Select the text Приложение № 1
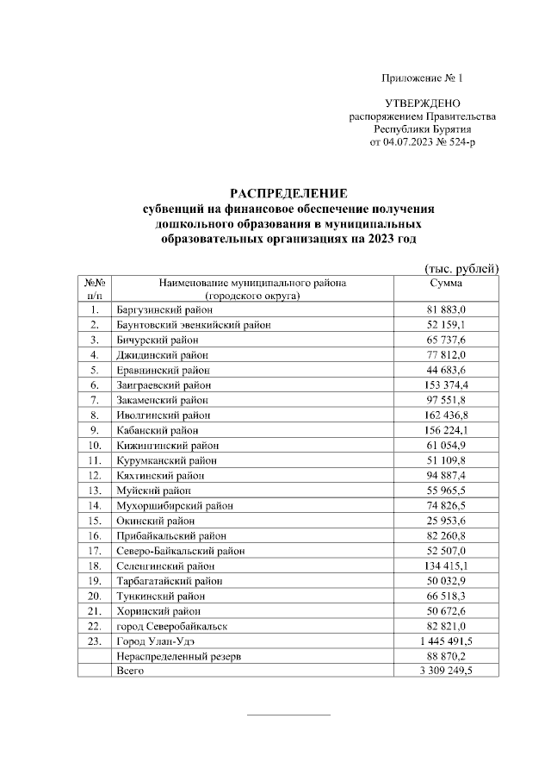click(427, 78)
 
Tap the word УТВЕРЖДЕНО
click(422, 103)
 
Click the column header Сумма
click(445, 283)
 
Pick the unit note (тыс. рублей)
click(461, 268)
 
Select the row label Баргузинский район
click(164, 309)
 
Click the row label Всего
click(130, 670)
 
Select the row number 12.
click(96, 475)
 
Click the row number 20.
click(96, 596)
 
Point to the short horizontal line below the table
click(288, 715)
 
